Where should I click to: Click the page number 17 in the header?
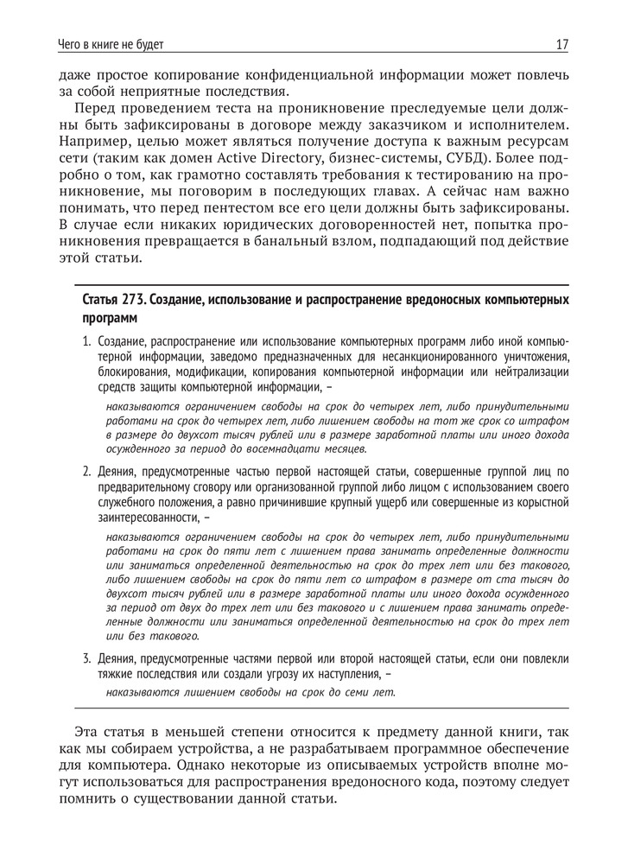tap(561, 43)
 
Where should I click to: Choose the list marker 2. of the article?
tap(87, 472)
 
